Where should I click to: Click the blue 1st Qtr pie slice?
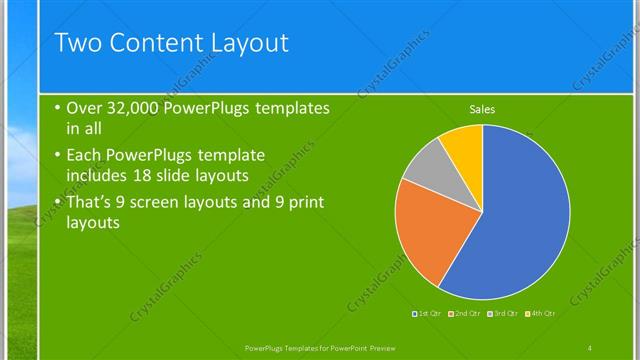[520, 215]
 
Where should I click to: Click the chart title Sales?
[482, 109]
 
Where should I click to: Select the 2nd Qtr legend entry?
[466, 314]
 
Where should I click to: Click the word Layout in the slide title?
[246, 43]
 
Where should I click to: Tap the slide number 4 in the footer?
[590, 347]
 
